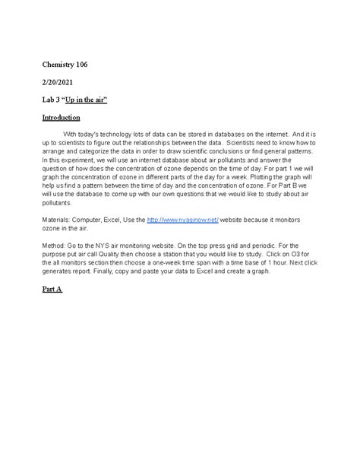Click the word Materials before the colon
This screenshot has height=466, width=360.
(x=59, y=218)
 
